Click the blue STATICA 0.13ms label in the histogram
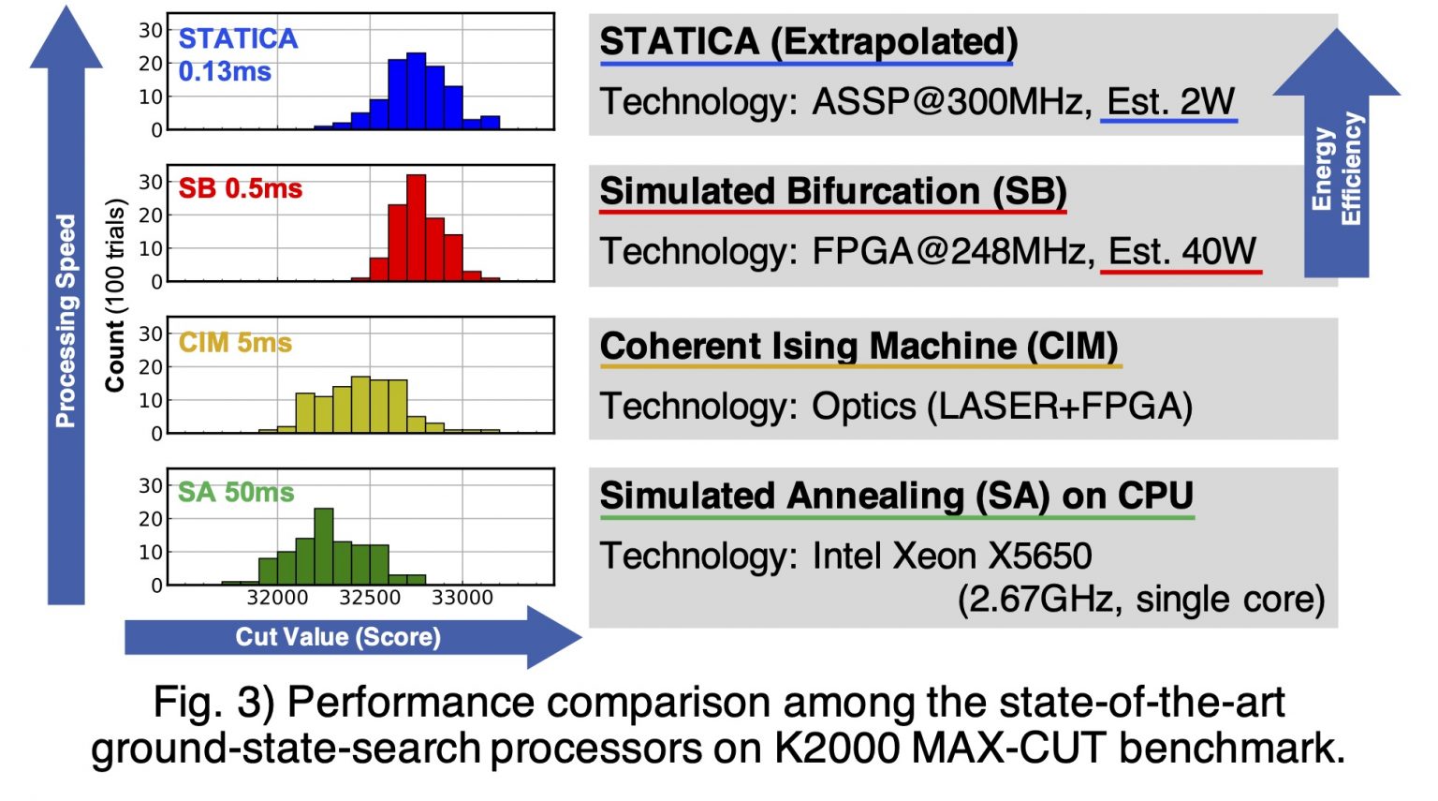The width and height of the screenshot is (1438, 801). (x=237, y=54)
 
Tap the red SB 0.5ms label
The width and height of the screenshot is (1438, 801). (x=240, y=188)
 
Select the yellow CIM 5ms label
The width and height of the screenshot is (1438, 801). (x=235, y=343)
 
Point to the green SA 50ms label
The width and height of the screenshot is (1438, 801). (x=236, y=493)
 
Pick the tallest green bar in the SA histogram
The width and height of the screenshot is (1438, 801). (x=323, y=546)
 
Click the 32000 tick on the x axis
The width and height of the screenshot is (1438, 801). (x=277, y=598)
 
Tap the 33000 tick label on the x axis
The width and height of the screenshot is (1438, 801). (x=462, y=598)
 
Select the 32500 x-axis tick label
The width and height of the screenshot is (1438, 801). (x=370, y=598)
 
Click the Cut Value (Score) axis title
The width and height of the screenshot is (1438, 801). (x=337, y=637)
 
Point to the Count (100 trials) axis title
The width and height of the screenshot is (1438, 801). (x=115, y=295)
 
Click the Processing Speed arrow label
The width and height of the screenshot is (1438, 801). (x=66, y=320)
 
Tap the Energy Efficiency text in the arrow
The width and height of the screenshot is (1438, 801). (x=1337, y=169)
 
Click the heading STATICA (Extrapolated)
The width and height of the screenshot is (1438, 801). (x=808, y=42)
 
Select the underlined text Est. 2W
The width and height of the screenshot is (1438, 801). (x=1170, y=101)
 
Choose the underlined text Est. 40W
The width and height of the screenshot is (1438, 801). (x=1181, y=251)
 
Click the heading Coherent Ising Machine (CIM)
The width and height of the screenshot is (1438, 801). (x=858, y=346)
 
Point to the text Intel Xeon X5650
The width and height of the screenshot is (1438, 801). (x=951, y=556)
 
